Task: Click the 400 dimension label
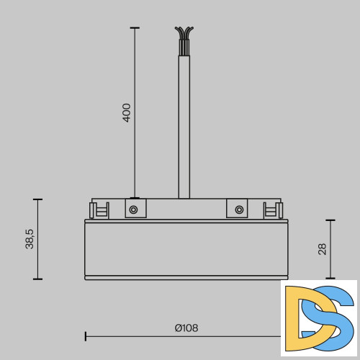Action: (127, 112)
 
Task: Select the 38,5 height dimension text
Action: (30, 238)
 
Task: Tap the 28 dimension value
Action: (322, 249)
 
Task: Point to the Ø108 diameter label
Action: (186, 328)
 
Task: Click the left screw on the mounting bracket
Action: (133, 210)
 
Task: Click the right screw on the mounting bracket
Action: (238, 210)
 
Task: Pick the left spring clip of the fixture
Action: (97, 210)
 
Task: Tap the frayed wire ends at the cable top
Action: (184, 34)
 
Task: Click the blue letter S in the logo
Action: (335, 317)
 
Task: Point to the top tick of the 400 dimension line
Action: (135, 27)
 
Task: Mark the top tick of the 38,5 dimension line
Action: (38, 199)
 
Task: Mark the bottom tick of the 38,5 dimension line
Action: (38, 279)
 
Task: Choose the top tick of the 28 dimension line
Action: (330, 220)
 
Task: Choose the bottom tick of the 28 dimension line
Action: (330, 279)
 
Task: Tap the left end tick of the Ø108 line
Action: (86, 336)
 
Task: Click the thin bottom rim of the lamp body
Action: (186, 277)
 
